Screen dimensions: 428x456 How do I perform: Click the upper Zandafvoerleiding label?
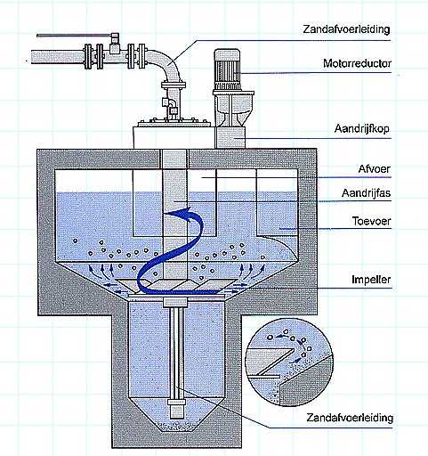point(346,29)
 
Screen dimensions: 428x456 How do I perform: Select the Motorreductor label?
point(357,63)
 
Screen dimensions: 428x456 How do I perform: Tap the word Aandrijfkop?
point(362,129)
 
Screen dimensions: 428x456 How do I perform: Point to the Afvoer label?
point(375,169)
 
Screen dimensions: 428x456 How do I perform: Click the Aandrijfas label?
point(366,193)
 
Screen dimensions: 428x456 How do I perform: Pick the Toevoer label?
point(371,221)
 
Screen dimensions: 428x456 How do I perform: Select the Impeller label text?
point(371,280)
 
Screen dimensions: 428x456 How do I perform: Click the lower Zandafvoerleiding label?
point(350,418)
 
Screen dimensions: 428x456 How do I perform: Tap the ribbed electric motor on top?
point(227,69)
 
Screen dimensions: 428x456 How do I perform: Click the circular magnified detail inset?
point(290,362)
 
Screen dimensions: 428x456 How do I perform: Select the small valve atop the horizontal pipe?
point(114,42)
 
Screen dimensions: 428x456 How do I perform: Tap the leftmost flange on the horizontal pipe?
point(88,56)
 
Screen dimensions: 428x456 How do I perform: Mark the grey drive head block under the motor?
point(230,137)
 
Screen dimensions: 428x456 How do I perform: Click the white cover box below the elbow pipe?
point(174,137)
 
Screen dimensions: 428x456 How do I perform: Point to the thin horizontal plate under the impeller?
point(175,296)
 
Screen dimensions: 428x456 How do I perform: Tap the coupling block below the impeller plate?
point(175,303)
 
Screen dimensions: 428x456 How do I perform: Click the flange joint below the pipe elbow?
point(174,85)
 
